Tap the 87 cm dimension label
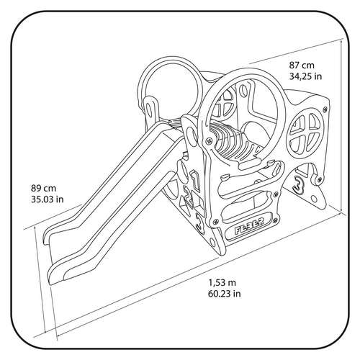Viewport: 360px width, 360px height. coord(302,65)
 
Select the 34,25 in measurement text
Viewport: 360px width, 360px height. coord(305,76)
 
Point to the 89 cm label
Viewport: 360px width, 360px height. coord(43,188)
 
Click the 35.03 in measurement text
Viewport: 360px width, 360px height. coord(48,199)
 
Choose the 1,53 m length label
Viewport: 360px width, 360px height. coord(222,283)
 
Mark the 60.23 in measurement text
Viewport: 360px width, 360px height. coord(225,294)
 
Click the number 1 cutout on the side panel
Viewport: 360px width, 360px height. coord(196,179)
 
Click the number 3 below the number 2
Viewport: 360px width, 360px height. coord(199,222)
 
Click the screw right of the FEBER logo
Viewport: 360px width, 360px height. coord(276,219)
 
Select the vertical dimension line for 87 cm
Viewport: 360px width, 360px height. coord(341,125)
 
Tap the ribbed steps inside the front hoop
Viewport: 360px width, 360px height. coord(238,144)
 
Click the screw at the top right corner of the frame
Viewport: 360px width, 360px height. coord(325,109)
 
